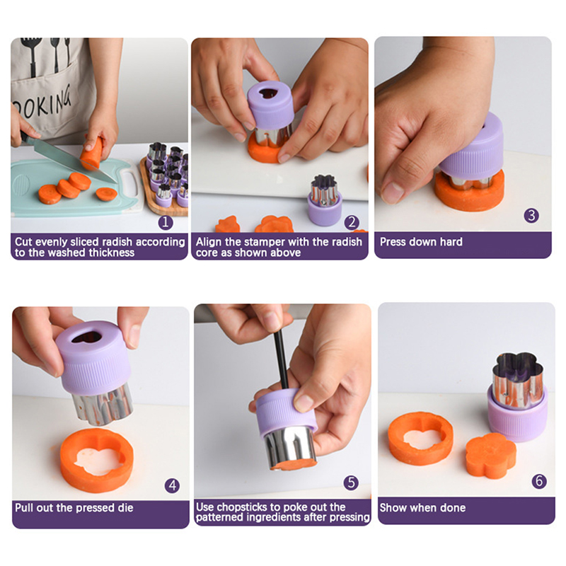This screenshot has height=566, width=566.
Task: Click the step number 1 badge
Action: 166,222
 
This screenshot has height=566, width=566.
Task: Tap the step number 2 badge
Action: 352,222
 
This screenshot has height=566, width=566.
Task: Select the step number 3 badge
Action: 531,216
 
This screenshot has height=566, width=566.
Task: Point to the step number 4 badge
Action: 172,485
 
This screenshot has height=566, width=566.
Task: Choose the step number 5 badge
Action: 351,483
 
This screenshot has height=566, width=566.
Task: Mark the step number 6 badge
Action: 539,481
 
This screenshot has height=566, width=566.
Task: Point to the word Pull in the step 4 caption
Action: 24,507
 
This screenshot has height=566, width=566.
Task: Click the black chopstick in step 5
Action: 281,359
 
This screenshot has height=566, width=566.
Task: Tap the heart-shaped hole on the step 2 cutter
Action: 267,93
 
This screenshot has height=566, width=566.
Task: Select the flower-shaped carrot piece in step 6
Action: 490,456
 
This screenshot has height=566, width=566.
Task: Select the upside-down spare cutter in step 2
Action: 325,200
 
